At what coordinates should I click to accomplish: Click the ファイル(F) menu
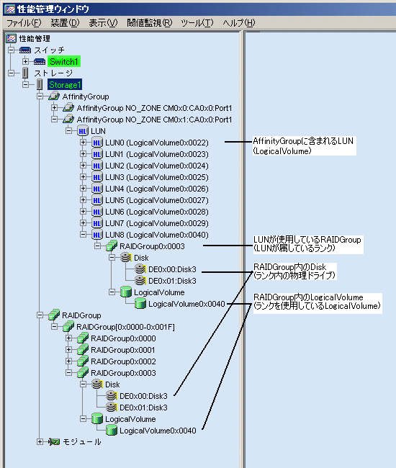(x=24, y=23)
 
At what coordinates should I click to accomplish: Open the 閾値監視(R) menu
(x=150, y=23)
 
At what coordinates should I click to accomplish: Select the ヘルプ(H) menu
(x=239, y=23)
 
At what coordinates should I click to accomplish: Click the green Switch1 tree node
(x=64, y=61)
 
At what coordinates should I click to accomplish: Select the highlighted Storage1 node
(x=65, y=85)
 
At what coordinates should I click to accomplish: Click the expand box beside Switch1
(x=26, y=61)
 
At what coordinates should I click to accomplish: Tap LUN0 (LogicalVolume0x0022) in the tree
(x=157, y=143)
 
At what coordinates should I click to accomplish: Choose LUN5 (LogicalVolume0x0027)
(x=157, y=200)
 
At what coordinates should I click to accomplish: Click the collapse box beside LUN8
(x=83, y=235)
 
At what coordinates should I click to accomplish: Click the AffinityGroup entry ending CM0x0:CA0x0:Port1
(x=154, y=108)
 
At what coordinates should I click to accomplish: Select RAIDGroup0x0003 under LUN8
(x=152, y=246)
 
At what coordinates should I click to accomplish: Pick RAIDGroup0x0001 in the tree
(x=123, y=350)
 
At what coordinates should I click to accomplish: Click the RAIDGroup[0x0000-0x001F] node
(x=125, y=327)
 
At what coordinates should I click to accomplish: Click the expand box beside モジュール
(x=40, y=442)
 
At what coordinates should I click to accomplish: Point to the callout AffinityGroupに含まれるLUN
(x=303, y=141)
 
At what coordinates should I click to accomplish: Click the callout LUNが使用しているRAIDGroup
(x=307, y=240)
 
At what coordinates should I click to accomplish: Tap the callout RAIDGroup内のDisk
(x=289, y=267)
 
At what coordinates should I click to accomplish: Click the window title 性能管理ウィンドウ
(x=53, y=9)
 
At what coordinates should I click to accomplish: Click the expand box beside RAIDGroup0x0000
(x=68, y=338)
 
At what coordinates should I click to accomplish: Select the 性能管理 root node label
(x=35, y=38)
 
